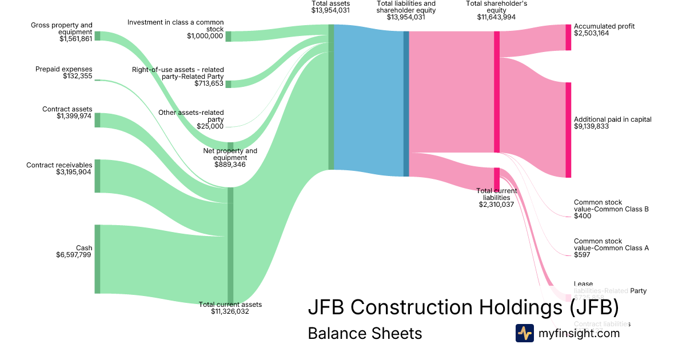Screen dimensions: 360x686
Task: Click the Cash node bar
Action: point(97,259)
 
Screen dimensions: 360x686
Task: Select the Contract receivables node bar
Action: point(97,176)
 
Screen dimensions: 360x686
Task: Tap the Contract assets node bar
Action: point(97,120)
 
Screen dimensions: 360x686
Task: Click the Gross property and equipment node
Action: point(97,36)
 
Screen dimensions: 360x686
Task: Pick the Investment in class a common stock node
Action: point(228,37)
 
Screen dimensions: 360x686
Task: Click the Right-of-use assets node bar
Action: point(228,84)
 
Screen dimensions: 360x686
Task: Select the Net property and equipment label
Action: point(230,154)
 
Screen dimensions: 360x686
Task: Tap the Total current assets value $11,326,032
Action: point(230,311)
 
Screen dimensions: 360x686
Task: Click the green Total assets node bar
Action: point(330,97)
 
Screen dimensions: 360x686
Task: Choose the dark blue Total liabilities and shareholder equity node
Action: point(406,103)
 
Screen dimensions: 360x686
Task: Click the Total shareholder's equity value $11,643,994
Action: point(496,17)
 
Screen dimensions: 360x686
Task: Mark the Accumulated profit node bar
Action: point(568,37)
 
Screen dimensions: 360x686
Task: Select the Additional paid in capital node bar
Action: point(568,130)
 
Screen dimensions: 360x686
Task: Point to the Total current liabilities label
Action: point(497,194)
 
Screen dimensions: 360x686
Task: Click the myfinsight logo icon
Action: point(524,333)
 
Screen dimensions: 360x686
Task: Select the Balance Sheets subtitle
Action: point(365,333)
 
